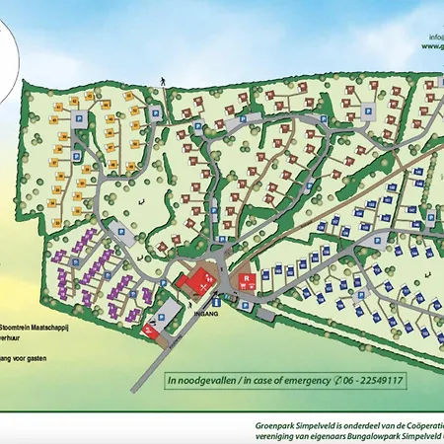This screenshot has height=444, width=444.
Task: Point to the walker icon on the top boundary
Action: point(159,78)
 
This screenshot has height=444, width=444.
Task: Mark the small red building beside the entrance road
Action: point(150,329)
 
